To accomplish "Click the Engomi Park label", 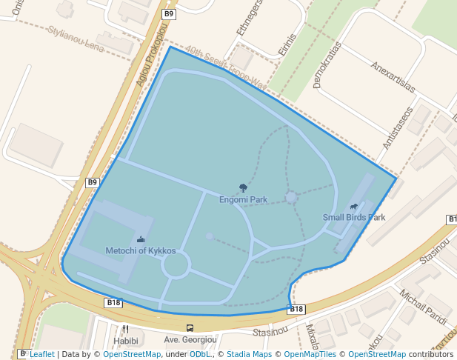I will [x=243, y=199].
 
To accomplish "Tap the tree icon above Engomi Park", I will [x=243, y=188].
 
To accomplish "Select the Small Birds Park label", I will [x=354, y=217].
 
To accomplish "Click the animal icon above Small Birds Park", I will [x=354, y=207].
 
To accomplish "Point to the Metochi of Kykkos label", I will [x=141, y=250].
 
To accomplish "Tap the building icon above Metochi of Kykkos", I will [x=141, y=239].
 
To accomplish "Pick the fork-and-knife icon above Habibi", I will [x=126, y=329].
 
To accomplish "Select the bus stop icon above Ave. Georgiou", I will [x=190, y=328].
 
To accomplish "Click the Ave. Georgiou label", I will [x=190, y=340].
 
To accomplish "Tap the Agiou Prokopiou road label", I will [x=149, y=59].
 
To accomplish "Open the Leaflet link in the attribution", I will [x=41, y=354].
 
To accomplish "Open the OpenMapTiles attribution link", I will [x=310, y=354].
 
